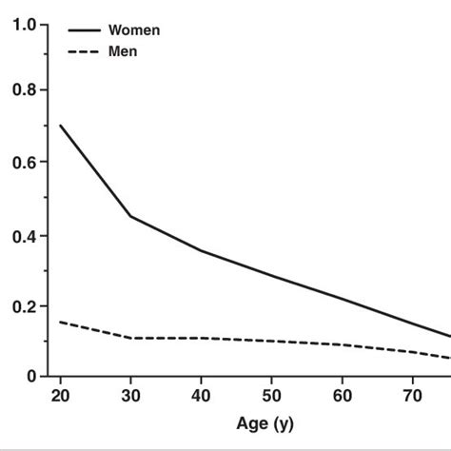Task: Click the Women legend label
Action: coord(134,30)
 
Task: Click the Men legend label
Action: coord(123,50)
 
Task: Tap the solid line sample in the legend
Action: coord(83,30)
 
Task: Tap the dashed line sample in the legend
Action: coord(83,50)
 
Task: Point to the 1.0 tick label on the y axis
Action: coord(25,26)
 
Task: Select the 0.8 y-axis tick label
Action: coord(25,91)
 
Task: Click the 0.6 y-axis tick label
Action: coord(25,163)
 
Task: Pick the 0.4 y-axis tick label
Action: coord(25,236)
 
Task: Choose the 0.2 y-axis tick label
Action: coord(25,306)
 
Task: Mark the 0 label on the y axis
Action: coord(31,377)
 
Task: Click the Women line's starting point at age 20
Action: coord(60,126)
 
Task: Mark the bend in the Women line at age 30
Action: coord(130,216)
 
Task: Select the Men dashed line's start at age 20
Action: coord(60,322)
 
